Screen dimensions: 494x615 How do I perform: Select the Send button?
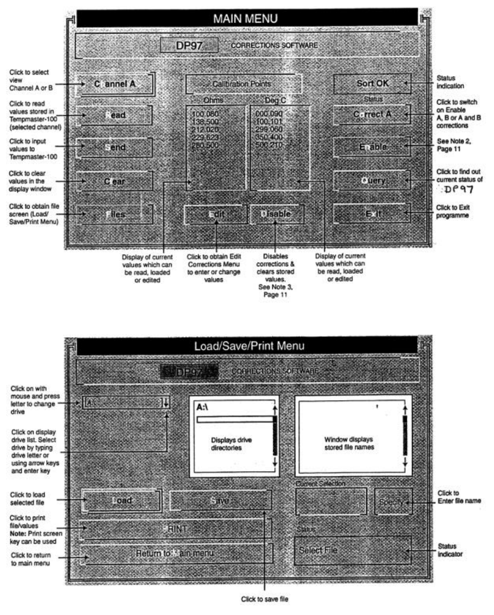[x=115, y=148]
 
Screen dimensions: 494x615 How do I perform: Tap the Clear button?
[x=115, y=181]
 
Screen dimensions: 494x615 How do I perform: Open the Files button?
[x=115, y=214]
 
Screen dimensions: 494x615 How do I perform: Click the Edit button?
[x=216, y=214]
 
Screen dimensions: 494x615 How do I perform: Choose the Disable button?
[x=277, y=214]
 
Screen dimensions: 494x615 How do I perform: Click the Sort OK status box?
[x=372, y=83]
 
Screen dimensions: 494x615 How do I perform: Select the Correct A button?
[x=372, y=114]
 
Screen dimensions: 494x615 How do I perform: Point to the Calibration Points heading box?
[x=244, y=84]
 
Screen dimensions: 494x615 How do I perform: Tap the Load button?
[x=121, y=501]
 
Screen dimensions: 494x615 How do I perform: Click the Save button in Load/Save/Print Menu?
[x=221, y=501]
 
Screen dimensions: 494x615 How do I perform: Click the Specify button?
[x=393, y=502]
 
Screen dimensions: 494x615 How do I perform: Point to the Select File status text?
[x=318, y=550]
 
